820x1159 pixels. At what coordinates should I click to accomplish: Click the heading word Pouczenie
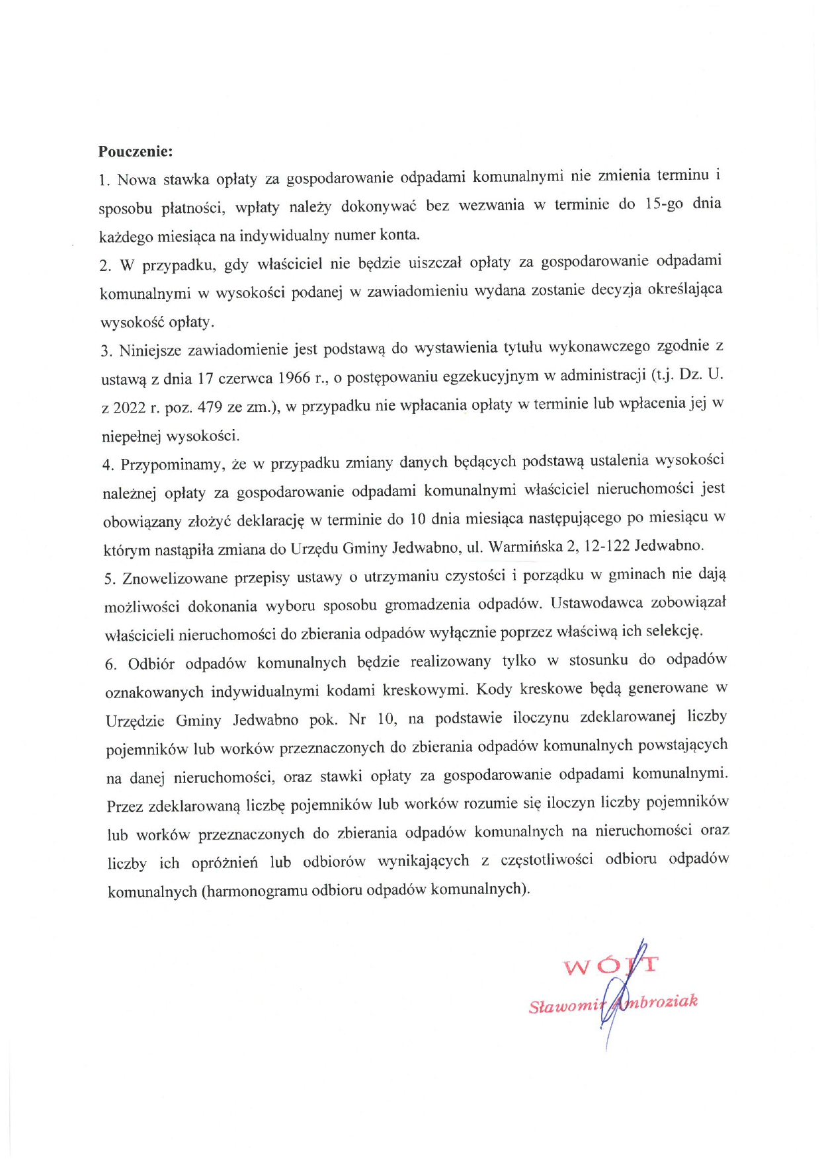pos(135,151)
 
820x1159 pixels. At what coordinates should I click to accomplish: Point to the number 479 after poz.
pos(210,407)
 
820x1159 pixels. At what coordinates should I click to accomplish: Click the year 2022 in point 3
pos(129,408)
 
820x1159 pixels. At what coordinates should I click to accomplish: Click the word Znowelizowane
pos(171,579)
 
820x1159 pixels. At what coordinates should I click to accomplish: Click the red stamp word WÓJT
pos(610,966)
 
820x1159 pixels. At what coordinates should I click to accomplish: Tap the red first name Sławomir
pos(567,1006)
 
